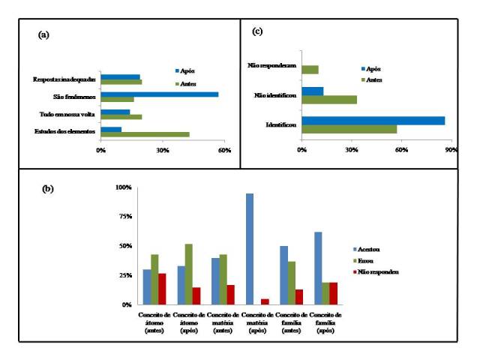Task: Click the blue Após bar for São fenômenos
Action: (x=160, y=94)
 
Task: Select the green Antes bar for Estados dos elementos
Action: (x=145, y=134)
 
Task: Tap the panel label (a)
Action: (x=44, y=35)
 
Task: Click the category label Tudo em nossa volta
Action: (x=67, y=114)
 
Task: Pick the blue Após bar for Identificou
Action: (x=373, y=120)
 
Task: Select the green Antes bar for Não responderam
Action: (x=310, y=70)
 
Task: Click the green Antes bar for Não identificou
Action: (x=328, y=99)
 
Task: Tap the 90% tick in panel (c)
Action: (x=451, y=150)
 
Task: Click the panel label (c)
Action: (x=257, y=31)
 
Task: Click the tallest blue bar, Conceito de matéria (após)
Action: (x=250, y=249)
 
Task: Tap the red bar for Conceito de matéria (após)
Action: (x=265, y=301)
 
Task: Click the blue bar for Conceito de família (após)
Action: (x=319, y=268)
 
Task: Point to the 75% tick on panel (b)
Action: (x=124, y=217)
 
